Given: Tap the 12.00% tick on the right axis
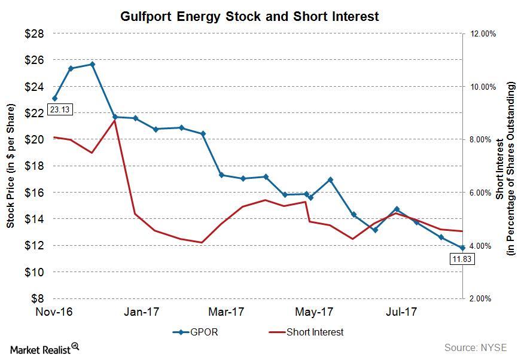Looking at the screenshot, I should pos(482,34).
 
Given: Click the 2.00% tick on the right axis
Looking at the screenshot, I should pos(482,298).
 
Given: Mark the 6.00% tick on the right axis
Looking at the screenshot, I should pos(482,193).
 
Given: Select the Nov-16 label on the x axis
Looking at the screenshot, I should pos(54,312).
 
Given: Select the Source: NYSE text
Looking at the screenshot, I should pos(475,347).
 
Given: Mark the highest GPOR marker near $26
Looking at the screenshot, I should pos(92,64).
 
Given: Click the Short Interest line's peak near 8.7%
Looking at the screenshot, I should pos(114,120).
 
